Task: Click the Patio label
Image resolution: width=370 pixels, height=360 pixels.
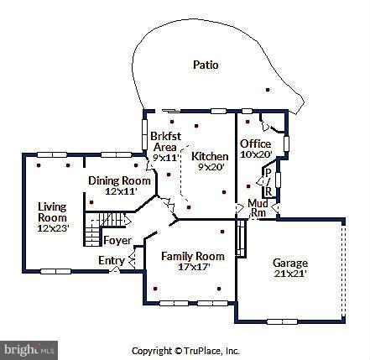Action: pyautogui.click(x=206, y=64)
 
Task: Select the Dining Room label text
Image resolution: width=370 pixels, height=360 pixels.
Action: pyautogui.click(x=116, y=180)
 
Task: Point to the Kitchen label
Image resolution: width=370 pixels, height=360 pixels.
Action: pyautogui.click(x=210, y=156)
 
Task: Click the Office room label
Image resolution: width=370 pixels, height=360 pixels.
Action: pyautogui.click(x=255, y=143)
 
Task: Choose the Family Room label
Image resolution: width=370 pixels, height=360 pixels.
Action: pyautogui.click(x=192, y=256)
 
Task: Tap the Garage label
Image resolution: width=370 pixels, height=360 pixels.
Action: pyautogui.click(x=289, y=263)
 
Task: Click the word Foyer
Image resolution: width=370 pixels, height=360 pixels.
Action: pyautogui.click(x=117, y=241)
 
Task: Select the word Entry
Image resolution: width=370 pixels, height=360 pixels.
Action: pyautogui.click(x=111, y=261)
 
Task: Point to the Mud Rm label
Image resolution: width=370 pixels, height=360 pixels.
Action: pyautogui.click(x=257, y=207)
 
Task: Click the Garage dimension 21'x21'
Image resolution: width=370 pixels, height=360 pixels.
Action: pyautogui.click(x=289, y=274)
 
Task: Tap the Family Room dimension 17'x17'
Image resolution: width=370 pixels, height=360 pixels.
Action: pyautogui.click(x=192, y=267)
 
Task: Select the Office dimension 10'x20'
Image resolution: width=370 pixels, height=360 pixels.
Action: pyautogui.click(x=256, y=154)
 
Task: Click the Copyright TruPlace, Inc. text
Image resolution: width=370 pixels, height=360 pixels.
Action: pyautogui.click(x=185, y=351)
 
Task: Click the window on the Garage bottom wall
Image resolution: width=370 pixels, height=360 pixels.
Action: pyautogui.click(x=284, y=321)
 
